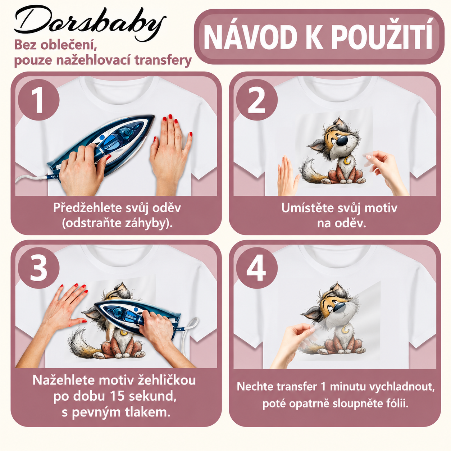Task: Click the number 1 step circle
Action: pyautogui.click(x=38, y=100)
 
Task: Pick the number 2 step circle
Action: pyautogui.click(x=257, y=100)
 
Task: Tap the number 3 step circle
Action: pyautogui.click(x=38, y=268)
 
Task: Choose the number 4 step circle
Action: pyautogui.click(x=257, y=268)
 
